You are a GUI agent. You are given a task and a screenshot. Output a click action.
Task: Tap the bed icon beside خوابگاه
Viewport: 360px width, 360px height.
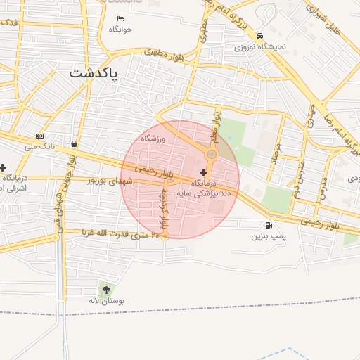pyautogui.click(x=120, y=19)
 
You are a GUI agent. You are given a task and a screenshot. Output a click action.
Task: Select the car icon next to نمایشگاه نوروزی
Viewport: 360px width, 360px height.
pyautogui.click(x=260, y=36)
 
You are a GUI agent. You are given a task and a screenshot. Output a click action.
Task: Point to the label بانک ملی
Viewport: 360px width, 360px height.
pyautogui.click(x=39, y=146)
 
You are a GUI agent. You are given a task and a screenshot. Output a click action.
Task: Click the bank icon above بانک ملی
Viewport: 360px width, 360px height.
pyautogui.click(x=39, y=136)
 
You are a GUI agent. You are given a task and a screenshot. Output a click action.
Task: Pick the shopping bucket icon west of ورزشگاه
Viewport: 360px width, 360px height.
pyautogui.click(x=75, y=144)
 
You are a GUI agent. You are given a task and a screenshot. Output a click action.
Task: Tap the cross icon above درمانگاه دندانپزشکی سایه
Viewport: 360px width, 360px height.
pyautogui.click(x=204, y=172)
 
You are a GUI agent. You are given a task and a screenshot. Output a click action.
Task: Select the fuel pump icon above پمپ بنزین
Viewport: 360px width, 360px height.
pyautogui.click(x=269, y=226)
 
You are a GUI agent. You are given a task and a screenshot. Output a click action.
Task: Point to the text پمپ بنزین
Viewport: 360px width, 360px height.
pyautogui.click(x=269, y=236)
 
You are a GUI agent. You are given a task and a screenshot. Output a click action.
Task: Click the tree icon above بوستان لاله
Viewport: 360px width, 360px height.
pyautogui.click(x=106, y=290)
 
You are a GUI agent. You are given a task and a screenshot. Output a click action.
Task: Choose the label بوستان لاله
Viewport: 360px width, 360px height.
pyautogui.click(x=106, y=300)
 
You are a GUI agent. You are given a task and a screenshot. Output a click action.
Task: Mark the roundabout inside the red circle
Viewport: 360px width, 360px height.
pyautogui.click(x=212, y=153)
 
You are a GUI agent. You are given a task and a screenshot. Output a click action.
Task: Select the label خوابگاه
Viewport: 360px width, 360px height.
pyautogui.click(x=120, y=30)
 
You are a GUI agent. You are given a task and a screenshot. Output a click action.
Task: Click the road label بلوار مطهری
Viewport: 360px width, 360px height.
pyautogui.click(x=169, y=56)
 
